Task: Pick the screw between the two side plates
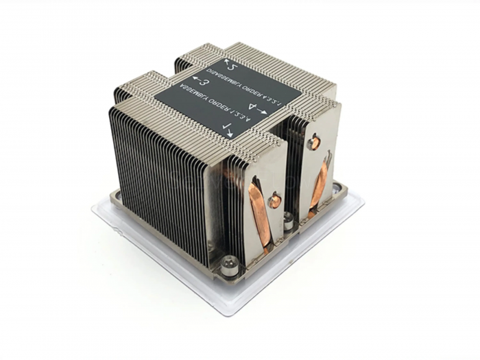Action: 289,221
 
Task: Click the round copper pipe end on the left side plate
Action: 274,202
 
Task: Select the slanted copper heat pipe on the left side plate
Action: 260,211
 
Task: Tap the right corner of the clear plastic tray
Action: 361,199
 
